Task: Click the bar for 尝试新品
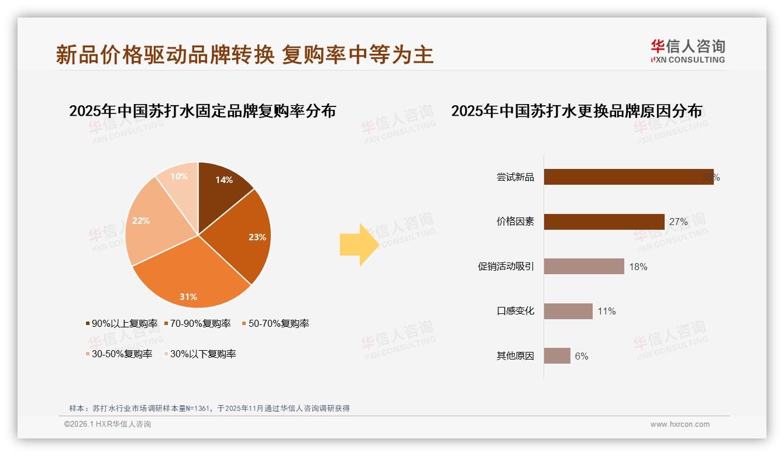(x=628, y=177)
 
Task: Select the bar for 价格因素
(x=604, y=222)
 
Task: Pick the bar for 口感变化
(x=568, y=311)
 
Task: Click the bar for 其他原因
(x=557, y=355)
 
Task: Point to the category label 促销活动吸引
(x=506, y=267)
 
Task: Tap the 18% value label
(x=638, y=267)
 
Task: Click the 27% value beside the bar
(x=678, y=222)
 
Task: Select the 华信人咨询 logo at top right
(x=687, y=51)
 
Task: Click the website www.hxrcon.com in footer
(x=680, y=424)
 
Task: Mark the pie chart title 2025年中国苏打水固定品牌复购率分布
(x=202, y=110)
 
